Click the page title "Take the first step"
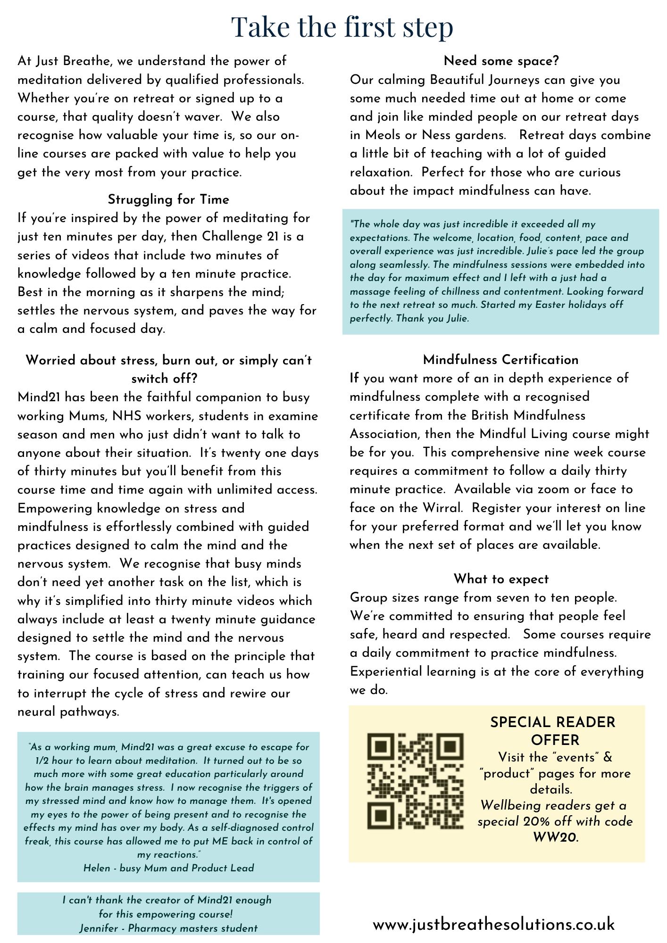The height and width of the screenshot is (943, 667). tap(342, 27)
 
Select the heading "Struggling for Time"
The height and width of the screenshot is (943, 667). tap(168, 199)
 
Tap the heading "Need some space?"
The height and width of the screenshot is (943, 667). tap(501, 61)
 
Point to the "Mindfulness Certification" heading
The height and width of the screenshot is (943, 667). tap(500, 360)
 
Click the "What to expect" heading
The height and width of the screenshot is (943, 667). tap(501, 579)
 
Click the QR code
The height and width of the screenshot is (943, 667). tap(415, 781)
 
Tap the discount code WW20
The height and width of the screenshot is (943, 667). tap(555, 837)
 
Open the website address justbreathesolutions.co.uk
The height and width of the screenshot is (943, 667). tap(494, 911)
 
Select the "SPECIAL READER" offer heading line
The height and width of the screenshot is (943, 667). tap(552, 722)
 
